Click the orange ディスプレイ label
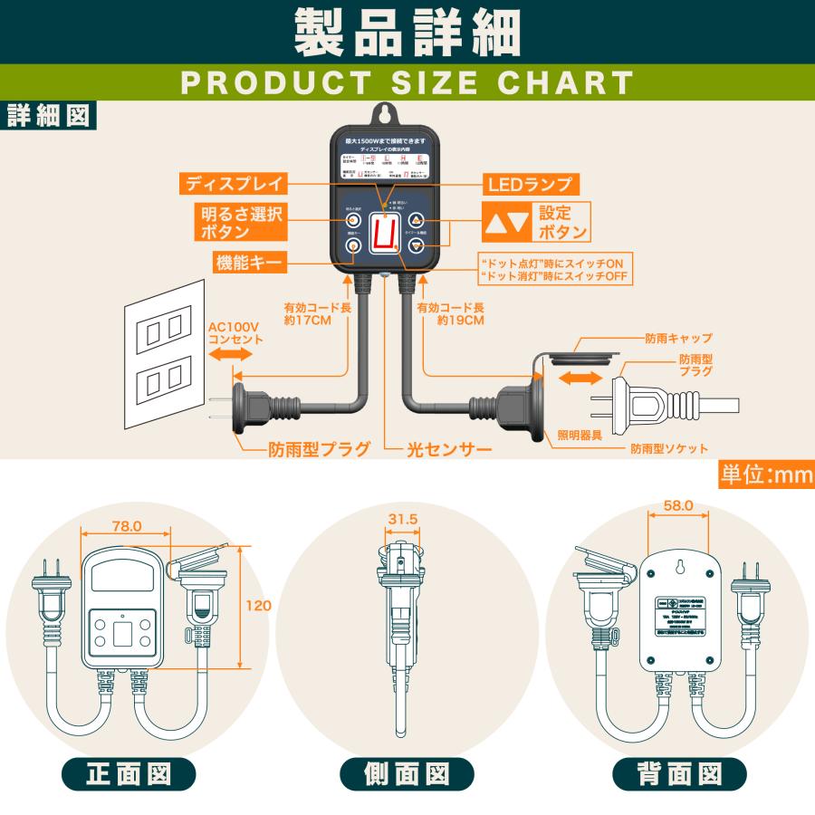(235, 184)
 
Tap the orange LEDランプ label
(530, 184)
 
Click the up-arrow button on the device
(417, 220)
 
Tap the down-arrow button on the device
(417, 245)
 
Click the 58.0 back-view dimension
(677, 506)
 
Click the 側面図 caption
(407, 774)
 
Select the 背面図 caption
(679, 774)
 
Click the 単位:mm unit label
(765, 474)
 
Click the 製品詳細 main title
(407, 34)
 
